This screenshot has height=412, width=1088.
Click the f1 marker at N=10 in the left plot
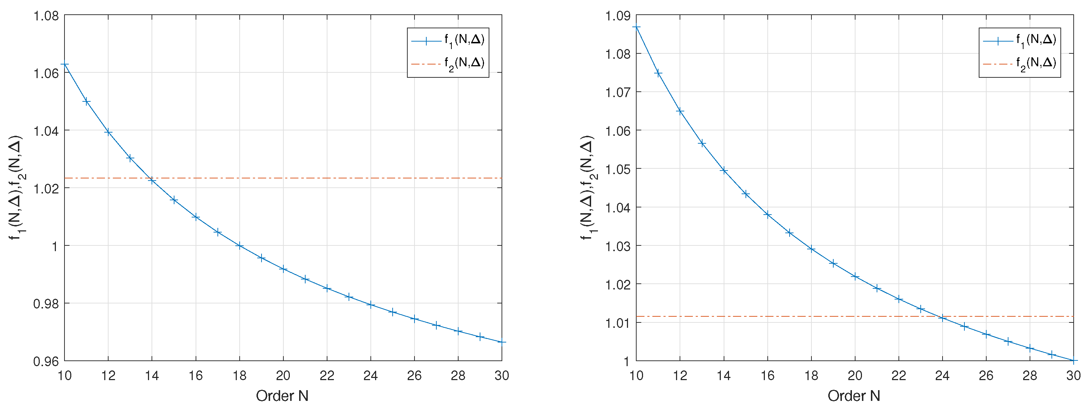tap(64, 64)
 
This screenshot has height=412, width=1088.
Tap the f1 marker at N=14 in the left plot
tap(152, 181)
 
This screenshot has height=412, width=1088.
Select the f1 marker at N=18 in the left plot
tap(239, 245)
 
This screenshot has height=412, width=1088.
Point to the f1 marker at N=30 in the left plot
tap(501, 342)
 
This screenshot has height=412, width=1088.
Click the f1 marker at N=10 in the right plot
tap(636, 27)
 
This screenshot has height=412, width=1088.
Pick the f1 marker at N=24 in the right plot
tap(942, 317)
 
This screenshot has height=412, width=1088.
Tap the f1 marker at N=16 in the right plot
tap(767, 215)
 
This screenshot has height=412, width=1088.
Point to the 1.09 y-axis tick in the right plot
tap(618, 16)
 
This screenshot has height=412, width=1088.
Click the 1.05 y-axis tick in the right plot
tap(618, 169)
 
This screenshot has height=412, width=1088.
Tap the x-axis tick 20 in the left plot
tap(283, 375)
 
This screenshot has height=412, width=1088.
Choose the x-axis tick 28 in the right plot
tap(1030, 375)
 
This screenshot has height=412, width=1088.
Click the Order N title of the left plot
tap(282, 396)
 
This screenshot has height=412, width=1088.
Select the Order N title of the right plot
tap(854, 396)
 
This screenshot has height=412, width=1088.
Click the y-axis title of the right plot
tap(588, 188)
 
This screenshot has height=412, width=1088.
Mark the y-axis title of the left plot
tap(16, 188)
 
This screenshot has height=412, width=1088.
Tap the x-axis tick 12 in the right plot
tap(680, 375)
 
